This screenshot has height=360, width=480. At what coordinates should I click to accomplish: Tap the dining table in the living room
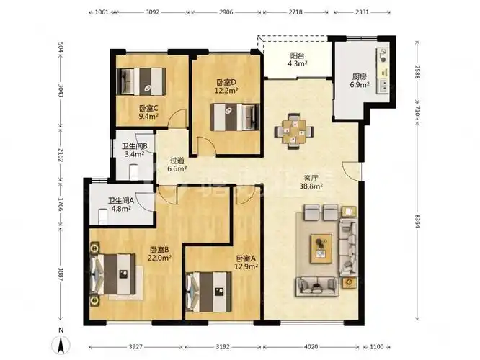[x=294, y=132]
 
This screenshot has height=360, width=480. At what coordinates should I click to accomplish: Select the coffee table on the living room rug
[x=321, y=248]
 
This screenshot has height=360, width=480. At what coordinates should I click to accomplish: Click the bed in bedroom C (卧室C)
[x=141, y=81]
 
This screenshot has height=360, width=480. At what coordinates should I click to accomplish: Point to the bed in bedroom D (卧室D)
[x=235, y=117]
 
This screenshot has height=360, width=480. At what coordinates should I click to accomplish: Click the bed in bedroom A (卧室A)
[x=208, y=292]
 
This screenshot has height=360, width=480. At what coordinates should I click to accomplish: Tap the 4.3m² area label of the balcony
[x=298, y=63]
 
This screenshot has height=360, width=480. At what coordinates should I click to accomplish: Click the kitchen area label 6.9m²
[x=360, y=84]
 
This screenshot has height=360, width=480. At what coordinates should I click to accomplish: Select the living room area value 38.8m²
[x=311, y=186]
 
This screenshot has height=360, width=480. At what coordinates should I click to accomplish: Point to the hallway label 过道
[x=177, y=161]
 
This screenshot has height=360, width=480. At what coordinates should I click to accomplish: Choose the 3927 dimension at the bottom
[x=135, y=347]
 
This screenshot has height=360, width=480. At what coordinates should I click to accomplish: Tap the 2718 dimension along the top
[x=295, y=12]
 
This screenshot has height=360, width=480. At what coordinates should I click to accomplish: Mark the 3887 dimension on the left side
[x=61, y=274]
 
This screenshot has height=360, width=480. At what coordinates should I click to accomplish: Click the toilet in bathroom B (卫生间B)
[x=134, y=172]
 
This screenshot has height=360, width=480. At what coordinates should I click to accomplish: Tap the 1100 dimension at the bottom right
[x=376, y=347]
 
